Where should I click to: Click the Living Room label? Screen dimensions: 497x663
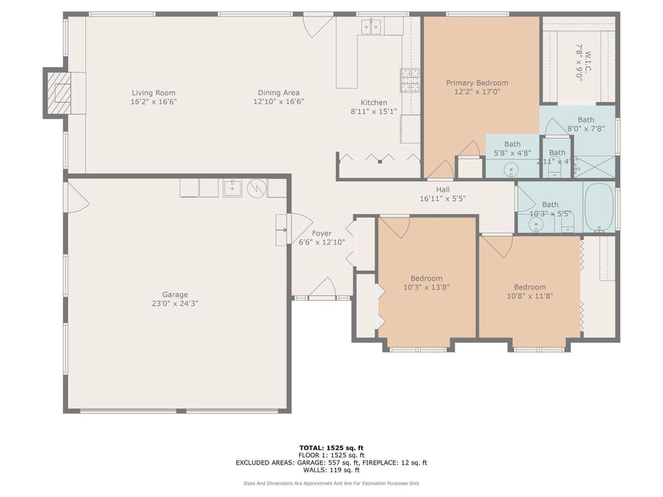point(153,92)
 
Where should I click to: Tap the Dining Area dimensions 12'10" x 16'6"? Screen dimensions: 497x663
point(278,101)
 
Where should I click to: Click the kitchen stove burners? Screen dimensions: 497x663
point(410,80)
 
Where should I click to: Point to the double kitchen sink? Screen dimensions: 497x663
point(372,27)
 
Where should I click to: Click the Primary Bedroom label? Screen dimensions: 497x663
point(477,83)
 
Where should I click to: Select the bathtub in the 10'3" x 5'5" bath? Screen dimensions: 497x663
point(599,206)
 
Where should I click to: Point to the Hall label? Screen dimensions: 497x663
point(443,190)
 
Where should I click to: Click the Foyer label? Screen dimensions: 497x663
point(321,233)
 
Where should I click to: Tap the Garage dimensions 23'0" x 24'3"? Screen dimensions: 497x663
point(171,303)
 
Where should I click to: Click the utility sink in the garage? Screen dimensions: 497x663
point(233,187)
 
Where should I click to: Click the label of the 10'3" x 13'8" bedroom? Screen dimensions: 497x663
point(426,279)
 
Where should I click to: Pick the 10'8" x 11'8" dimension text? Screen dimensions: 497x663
point(530,295)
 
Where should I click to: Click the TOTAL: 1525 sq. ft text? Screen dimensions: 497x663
point(331,448)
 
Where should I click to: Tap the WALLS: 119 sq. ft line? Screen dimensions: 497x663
point(331,469)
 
